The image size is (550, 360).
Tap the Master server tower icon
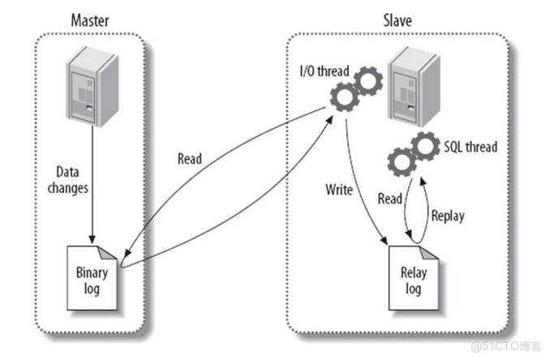pos(90,84)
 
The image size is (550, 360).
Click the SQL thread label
pos(469,148)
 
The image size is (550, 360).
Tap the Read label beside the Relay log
pos(390,199)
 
